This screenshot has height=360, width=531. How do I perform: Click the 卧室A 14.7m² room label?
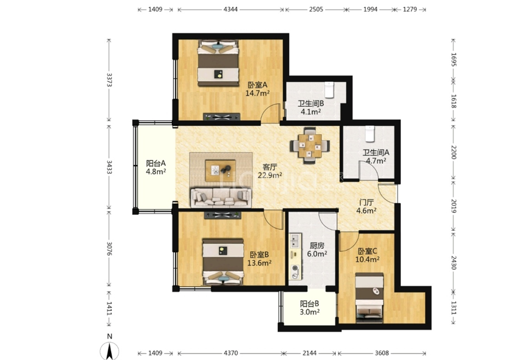(x=257, y=89)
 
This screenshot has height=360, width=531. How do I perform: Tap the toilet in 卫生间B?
(x=329, y=89)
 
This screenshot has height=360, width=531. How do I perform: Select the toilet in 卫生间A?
(x=370, y=133)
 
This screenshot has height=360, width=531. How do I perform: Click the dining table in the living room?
(x=310, y=146)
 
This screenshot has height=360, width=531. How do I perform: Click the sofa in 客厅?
(x=221, y=197)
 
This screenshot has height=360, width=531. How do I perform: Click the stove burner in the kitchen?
(x=295, y=268)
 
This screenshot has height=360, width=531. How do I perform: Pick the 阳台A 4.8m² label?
(x=156, y=167)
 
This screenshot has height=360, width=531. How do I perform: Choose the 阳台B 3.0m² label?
(x=310, y=308)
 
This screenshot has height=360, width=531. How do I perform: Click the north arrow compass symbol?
(x=109, y=351)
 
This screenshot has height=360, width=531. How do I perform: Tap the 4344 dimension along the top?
(x=230, y=9)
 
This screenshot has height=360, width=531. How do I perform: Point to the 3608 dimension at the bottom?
(x=382, y=353)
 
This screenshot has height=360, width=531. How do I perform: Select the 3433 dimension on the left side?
(x=109, y=167)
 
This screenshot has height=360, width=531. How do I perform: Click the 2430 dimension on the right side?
(x=454, y=262)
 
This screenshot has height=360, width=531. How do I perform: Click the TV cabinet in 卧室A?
(x=222, y=117)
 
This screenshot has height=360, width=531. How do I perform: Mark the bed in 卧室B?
(x=223, y=261)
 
